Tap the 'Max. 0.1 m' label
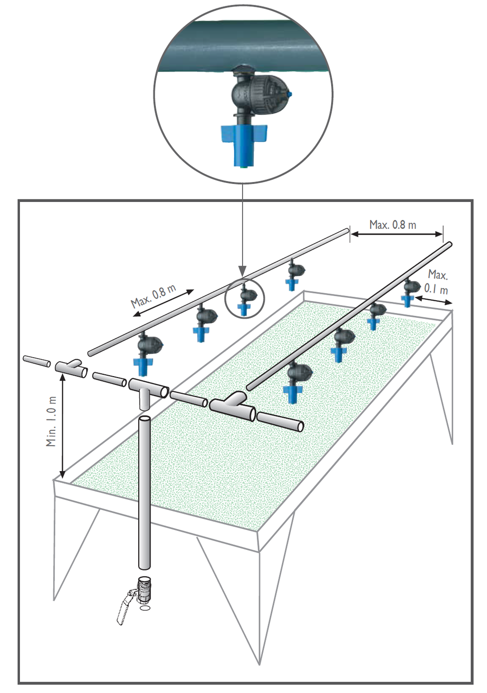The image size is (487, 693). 437,282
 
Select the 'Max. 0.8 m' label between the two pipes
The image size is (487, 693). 393,224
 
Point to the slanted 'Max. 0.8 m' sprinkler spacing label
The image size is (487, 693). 153,296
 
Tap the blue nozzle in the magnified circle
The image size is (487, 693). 243,144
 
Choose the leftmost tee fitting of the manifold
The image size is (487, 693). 71,368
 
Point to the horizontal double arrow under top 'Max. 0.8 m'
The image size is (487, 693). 397,234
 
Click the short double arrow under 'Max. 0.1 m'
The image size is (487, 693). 433,300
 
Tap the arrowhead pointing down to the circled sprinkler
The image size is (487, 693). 243,272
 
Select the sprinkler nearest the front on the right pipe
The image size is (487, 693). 298,383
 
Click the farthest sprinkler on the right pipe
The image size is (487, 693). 411,292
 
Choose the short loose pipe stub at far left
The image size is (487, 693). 37,362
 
